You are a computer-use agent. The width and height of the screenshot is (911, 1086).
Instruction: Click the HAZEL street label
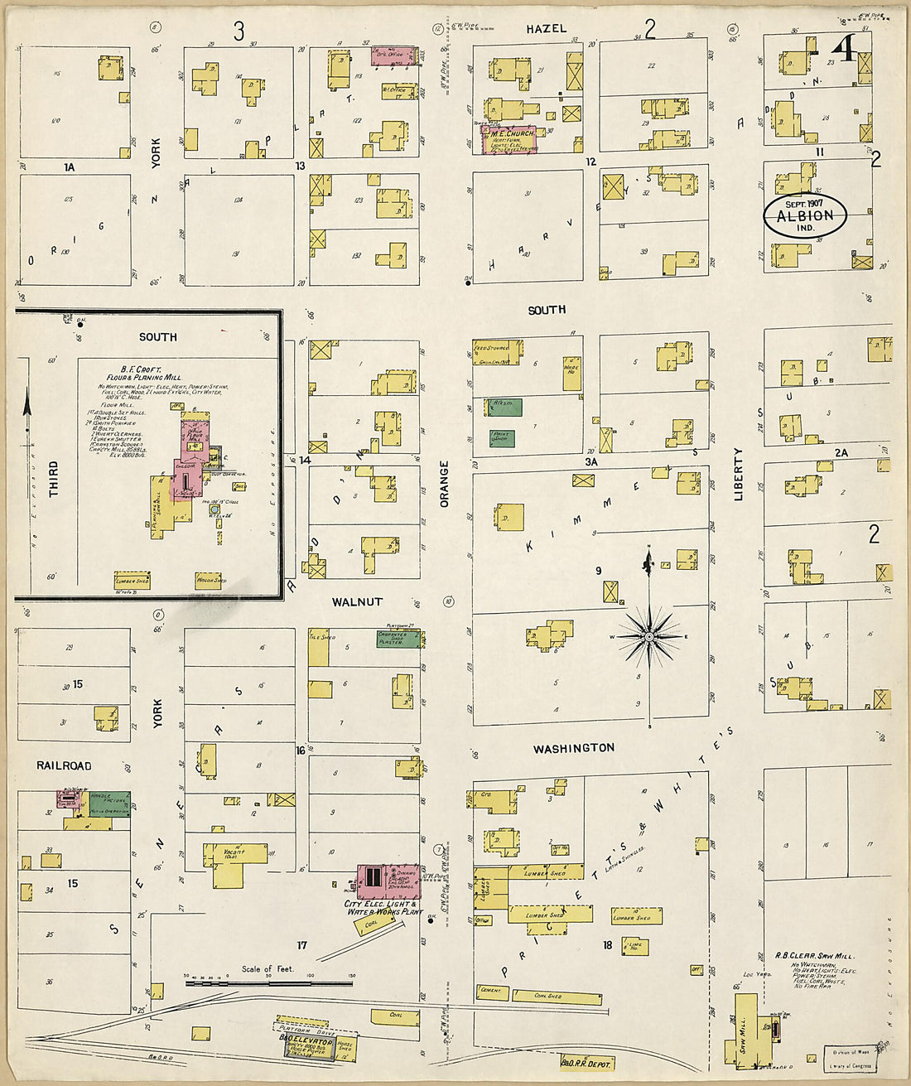546,29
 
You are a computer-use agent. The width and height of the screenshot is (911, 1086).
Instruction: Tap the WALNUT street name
357,602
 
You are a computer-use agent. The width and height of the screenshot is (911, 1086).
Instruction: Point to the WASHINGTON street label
573,748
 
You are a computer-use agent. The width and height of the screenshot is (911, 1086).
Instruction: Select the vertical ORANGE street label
444,485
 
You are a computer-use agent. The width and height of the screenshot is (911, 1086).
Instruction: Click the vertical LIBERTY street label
738,474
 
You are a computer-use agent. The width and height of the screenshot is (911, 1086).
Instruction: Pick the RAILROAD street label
64,765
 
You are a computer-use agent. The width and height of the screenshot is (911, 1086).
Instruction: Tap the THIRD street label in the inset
54,480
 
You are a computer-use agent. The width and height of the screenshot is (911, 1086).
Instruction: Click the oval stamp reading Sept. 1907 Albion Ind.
804,215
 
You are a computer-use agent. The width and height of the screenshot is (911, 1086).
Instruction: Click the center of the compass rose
650,635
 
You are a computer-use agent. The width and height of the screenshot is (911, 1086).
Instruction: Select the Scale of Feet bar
268,983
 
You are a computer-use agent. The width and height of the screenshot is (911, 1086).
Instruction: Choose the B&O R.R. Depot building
586,1062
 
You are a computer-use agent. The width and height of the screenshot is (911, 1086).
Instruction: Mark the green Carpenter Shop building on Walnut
398,638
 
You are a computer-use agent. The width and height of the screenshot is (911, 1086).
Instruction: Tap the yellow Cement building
491,991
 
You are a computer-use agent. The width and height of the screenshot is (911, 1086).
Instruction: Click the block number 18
607,945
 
